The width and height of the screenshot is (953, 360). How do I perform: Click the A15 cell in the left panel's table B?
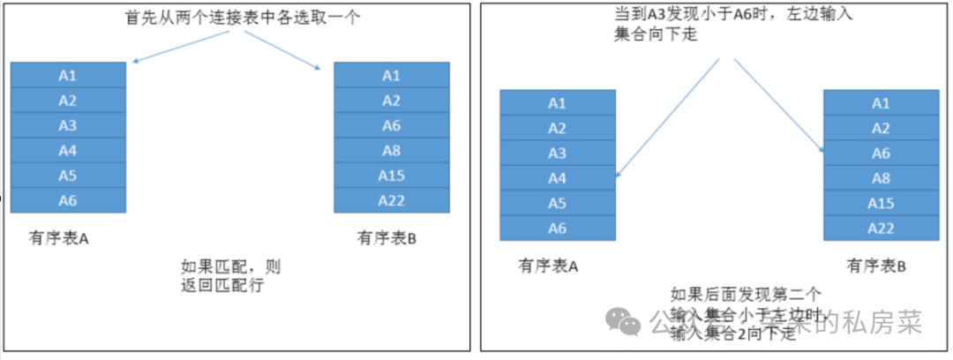(391, 175)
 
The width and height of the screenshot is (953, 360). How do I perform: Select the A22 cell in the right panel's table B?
(881, 228)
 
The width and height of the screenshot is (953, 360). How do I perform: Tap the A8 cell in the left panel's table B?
(391, 150)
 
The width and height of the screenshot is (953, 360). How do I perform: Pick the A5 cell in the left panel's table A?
(68, 175)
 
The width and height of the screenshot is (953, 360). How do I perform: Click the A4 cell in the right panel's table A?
(557, 178)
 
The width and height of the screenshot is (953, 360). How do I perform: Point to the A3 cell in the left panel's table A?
(68, 124)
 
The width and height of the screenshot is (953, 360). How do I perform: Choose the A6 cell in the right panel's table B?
(881, 153)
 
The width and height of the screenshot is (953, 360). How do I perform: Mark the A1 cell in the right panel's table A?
(557, 103)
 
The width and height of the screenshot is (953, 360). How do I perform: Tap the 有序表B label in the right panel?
(876, 266)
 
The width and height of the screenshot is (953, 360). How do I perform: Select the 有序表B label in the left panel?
(386, 238)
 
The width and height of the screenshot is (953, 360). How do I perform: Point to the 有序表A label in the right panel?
(549, 266)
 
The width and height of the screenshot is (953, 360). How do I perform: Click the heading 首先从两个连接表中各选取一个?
(243, 18)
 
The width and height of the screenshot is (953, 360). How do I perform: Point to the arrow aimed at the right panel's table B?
(777, 106)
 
